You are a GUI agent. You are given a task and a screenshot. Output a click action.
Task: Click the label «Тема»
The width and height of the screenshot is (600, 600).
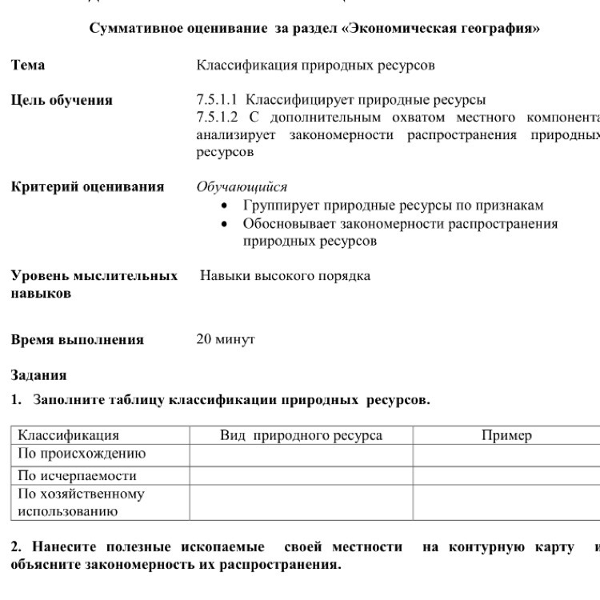click(x=28, y=65)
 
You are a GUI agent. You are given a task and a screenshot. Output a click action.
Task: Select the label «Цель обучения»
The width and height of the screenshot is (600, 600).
click(x=62, y=100)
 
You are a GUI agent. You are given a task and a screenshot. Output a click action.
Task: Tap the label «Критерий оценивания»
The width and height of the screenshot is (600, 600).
click(x=87, y=186)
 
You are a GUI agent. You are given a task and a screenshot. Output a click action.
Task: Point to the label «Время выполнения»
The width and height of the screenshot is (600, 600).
click(x=78, y=339)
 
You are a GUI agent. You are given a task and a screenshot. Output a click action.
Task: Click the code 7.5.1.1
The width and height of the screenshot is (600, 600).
click(x=218, y=100)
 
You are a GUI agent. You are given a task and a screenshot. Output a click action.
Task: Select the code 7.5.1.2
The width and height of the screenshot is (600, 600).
click(x=218, y=118)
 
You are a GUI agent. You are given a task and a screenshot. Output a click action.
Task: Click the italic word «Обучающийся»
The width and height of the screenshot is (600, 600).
click(x=242, y=187)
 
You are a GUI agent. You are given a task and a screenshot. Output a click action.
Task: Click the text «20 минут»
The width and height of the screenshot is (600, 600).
click(x=226, y=339)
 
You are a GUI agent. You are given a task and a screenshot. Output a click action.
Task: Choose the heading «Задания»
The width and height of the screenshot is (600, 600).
click(x=38, y=374)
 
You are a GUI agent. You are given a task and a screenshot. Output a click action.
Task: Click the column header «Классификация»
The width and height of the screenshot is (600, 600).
click(x=69, y=435)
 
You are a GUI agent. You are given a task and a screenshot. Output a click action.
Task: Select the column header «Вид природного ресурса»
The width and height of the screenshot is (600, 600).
click(x=301, y=435)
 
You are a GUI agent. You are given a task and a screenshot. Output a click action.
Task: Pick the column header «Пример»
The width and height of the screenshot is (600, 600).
click(x=506, y=435)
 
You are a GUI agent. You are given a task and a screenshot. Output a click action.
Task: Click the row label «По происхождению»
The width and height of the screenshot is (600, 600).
click(x=82, y=454)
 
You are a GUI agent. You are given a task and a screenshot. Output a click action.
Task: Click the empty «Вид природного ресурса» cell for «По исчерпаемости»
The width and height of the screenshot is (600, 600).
click(x=301, y=475)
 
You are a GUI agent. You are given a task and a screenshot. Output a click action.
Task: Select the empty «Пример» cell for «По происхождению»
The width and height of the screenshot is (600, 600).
click(x=506, y=454)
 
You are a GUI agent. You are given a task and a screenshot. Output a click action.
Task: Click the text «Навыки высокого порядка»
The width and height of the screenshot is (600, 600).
click(x=285, y=276)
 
